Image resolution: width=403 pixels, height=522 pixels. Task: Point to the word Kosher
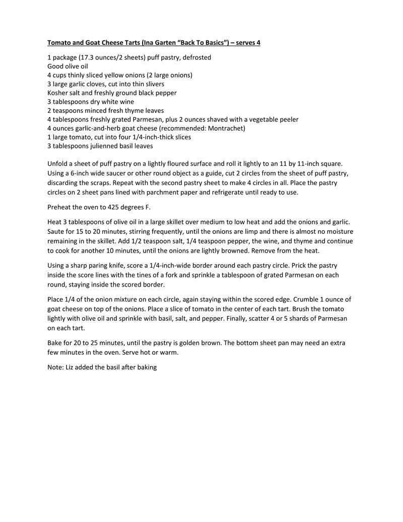point(58,93)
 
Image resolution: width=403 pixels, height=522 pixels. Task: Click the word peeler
point(288,120)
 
